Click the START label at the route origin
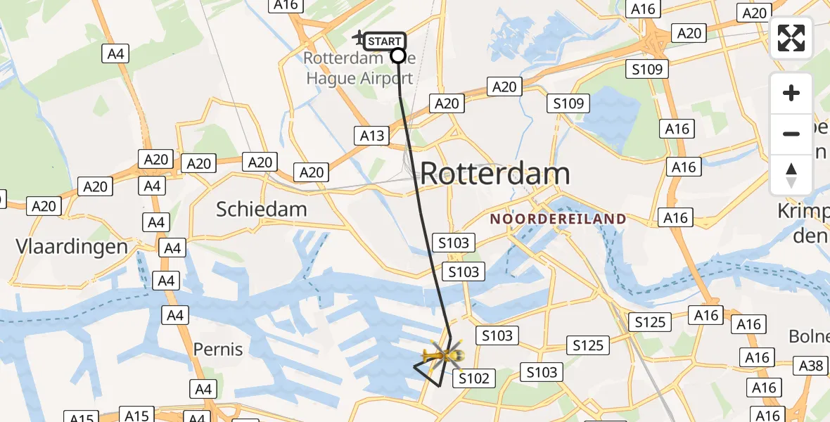coord(385,41)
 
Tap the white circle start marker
coord(398,56)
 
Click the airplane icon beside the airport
coord(359,37)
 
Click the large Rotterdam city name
coord(495,174)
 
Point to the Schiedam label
coord(262,209)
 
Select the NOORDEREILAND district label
coord(558,219)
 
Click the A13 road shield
coord(372,136)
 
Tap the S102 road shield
coord(473,378)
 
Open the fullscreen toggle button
coord(791,38)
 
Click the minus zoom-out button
coord(791,134)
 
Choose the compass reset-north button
coord(791,174)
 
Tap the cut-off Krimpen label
coord(805,223)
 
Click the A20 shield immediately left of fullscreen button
coord(754,13)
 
